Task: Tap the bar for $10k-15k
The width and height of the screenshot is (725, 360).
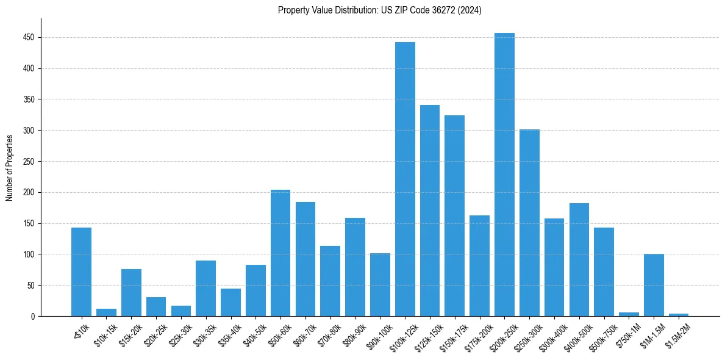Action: [106, 312]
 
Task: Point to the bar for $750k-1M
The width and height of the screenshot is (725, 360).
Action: [629, 314]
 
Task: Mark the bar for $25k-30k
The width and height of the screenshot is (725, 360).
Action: [181, 311]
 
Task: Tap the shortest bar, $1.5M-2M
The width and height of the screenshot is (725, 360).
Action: [679, 315]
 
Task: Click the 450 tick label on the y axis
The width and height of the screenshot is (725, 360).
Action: [29, 38]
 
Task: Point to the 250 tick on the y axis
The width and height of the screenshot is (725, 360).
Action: [29, 162]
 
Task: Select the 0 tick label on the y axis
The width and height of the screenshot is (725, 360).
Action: [33, 317]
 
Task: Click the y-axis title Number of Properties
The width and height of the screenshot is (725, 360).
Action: [10, 167]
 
